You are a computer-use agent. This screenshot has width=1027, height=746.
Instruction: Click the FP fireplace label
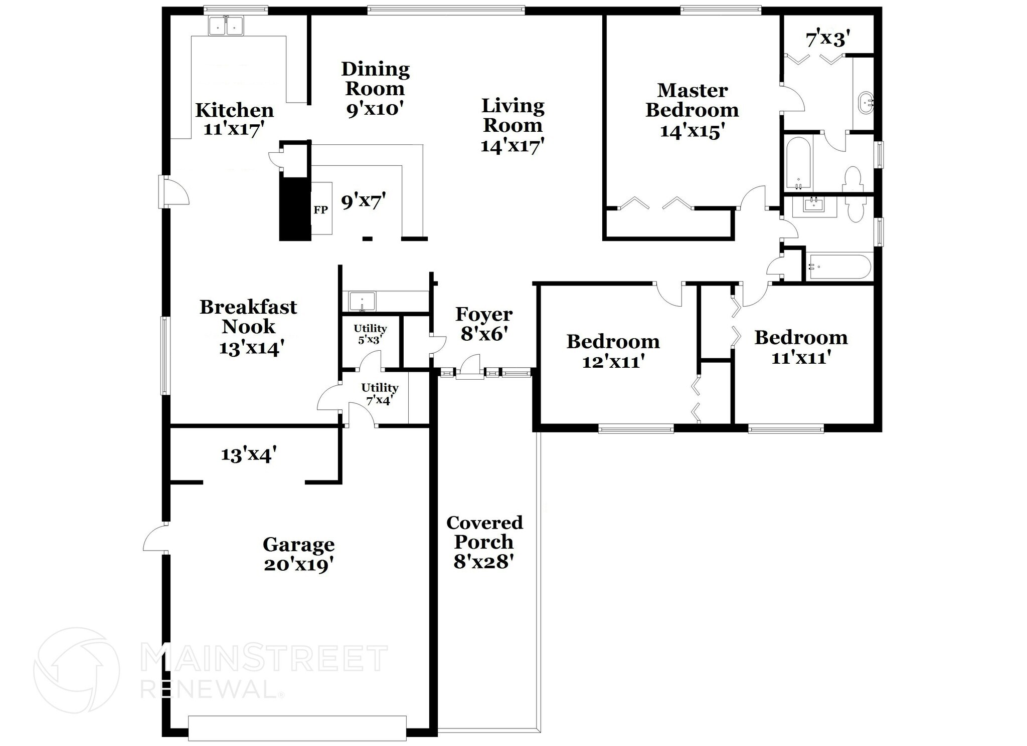tap(320, 210)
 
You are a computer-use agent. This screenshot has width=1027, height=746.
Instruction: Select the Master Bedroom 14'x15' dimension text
tap(692, 131)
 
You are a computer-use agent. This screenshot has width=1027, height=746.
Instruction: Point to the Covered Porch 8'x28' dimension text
tap(484, 562)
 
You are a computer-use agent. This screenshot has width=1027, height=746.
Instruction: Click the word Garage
tap(298, 544)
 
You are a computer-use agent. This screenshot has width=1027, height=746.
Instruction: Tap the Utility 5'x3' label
tap(370, 334)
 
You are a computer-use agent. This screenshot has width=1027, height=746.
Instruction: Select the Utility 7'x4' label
tap(380, 394)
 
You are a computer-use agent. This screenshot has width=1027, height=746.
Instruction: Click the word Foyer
tap(483, 315)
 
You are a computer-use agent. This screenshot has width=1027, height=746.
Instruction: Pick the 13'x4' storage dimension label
tap(249, 455)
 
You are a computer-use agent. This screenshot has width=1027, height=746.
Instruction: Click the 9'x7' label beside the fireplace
tap(364, 201)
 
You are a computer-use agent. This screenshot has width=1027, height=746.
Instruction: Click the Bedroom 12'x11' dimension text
tap(613, 361)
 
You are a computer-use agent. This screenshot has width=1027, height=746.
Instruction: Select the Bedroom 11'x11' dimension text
tap(801, 358)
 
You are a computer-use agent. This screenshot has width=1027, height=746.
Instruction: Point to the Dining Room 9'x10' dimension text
tap(375, 109)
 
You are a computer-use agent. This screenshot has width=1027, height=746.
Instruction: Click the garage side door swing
tap(154, 539)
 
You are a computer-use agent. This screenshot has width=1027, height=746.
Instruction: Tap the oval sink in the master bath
tap(866, 103)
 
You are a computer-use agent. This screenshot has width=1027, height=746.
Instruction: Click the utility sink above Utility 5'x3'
tap(362, 302)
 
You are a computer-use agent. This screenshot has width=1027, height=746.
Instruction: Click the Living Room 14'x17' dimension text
tap(512, 146)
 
